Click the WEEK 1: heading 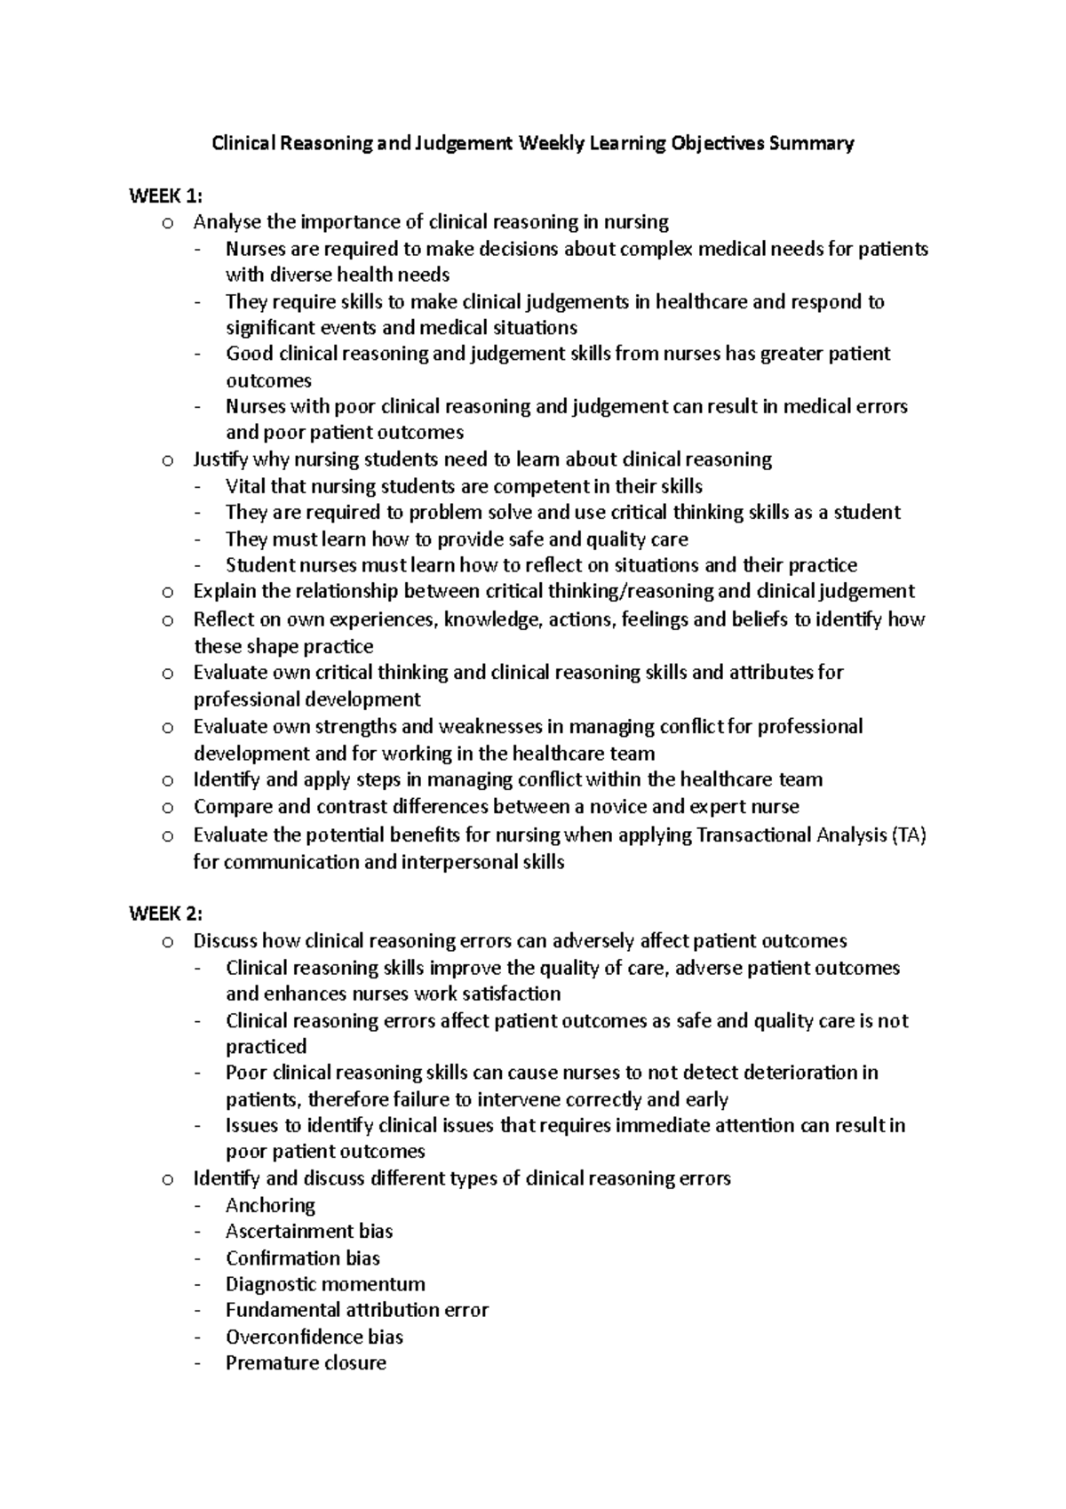pos(166,196)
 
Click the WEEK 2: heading pos(166,914)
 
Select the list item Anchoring pos(270,1205)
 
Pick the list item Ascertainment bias pos(309,1231)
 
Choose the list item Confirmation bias pos(303,1257)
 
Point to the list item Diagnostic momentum pos(325,1284)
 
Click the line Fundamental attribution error pos(357,1310)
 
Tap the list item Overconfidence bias pos(314,1337)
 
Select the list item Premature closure pos(306,1363)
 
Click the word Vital pos(244,486)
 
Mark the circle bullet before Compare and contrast pos(166,808)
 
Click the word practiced pos(266,1046)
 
